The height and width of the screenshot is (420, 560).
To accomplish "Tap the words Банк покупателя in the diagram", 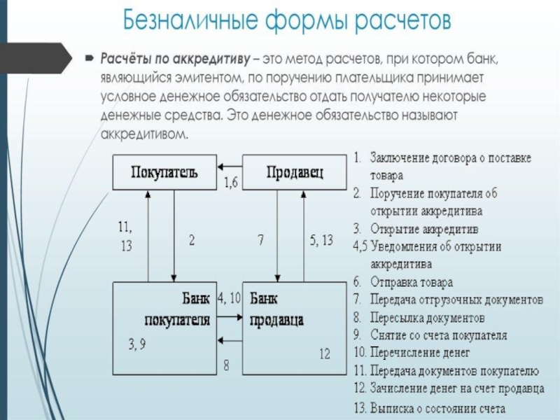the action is [x=178, y=309].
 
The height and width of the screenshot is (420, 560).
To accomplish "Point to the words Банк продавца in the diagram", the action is [x=276, y=309].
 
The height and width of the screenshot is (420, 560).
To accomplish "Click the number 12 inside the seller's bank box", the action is [x=325, y=354].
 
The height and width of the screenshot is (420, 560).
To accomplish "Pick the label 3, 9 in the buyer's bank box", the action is [x=137, y=344].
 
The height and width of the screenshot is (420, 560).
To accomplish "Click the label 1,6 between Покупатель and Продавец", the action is [x=231, y=183].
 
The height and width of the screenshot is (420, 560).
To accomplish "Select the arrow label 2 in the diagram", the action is [x=192, y=240].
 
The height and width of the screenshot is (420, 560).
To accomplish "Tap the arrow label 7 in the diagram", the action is [x=261, y=239].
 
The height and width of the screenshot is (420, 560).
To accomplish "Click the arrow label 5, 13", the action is [x=321, y=240].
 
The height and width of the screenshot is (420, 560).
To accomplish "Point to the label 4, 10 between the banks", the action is [x=230, y=298].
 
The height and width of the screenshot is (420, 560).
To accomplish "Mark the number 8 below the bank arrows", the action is [x=226, y=365].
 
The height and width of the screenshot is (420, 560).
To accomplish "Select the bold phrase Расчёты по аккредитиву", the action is [x=176, y=59].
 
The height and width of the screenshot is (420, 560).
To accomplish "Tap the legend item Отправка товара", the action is [x=412, y=282].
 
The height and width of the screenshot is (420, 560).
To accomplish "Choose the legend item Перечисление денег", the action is [x=420, y=353].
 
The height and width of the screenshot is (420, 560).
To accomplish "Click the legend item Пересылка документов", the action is [x=427, y=318].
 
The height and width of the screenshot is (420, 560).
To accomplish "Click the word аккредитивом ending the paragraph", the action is [x=144, y=134].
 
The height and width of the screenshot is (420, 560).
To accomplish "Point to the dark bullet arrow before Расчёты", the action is [x=90, y=58].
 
